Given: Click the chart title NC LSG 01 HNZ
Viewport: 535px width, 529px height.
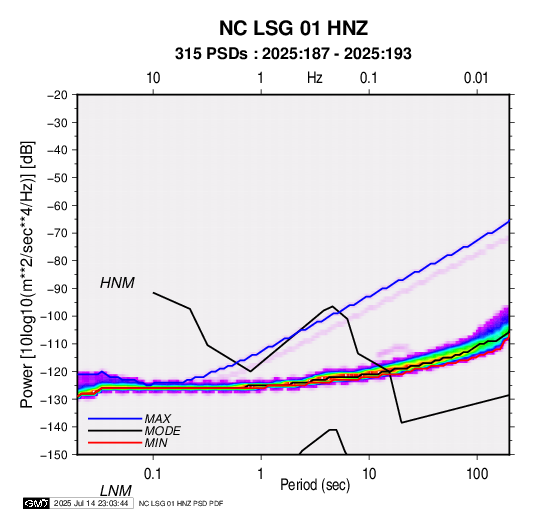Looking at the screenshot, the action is click(x=293, y=28).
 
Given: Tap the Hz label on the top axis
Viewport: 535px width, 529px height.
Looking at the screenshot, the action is click(x=315, y=78).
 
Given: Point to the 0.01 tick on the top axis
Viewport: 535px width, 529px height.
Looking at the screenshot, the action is click(x=476, y=78).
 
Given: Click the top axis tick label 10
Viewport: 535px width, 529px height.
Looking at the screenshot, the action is click(x=153, y=78).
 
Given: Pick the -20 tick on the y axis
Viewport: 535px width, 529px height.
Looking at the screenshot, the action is click(x=57, y=95).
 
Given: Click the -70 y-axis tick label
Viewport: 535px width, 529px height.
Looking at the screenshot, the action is click(x=57, y=233).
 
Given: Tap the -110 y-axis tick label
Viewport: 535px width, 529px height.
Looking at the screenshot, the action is click(x=54, y=344).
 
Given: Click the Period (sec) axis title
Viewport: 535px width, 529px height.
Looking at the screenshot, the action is click(x=315, y=485).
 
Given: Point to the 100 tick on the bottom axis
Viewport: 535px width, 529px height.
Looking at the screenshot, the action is click(x=477, y=474).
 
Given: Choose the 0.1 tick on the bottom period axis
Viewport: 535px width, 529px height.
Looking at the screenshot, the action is click(x=153, y=474).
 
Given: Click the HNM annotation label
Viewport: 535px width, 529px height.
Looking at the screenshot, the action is click(x=117, y=283).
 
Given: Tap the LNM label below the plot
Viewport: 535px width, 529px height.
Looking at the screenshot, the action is click(x=115, y=491).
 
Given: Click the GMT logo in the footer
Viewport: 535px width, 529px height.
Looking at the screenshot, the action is click(x=36, y=503).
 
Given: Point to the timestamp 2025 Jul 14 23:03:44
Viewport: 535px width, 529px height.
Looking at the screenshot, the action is click(x=91, y=503).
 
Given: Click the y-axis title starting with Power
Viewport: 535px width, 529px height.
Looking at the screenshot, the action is click(x=27, y=274).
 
